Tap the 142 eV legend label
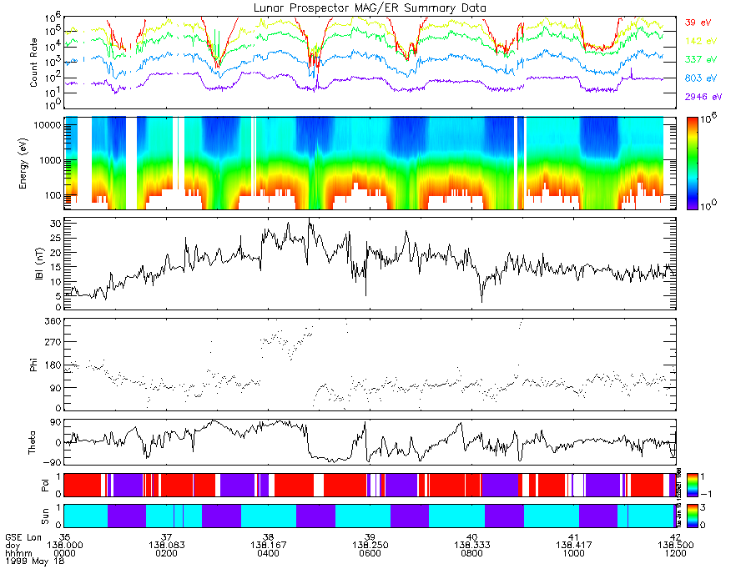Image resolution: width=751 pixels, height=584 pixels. coord(700,42)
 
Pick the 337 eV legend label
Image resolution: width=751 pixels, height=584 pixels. coord(700,60)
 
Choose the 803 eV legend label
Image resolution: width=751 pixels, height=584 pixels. coord(700,78)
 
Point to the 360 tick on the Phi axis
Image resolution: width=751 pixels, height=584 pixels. coord(53,321)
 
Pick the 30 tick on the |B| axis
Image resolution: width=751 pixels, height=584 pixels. coord(56,224)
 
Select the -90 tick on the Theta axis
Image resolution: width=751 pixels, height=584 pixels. coord(52,461)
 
